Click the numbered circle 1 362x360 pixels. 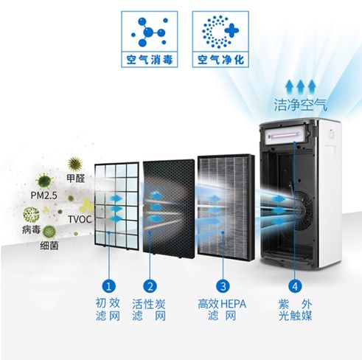[x=109, y=286]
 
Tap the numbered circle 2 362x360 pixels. [x=150, y=286]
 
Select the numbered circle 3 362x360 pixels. [x=223, y=286]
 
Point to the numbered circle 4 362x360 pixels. [x=295, y=286]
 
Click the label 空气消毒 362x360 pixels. [x=150, y=60]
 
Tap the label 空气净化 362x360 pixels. [x=220, y=60]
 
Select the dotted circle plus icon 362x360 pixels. [x=220, y=32]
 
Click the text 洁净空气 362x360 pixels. [x=301, y=105]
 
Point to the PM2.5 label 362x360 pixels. [x=43, y=195]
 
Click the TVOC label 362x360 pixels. [x=80, y=219]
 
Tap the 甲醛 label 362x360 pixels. [x=76, y=179]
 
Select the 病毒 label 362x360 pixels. [x=31, y=229]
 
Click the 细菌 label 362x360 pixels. [x=49, y=246]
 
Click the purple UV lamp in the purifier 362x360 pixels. [x=285, y=136]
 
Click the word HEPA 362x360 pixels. [x=233, y=304]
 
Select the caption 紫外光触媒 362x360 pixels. [x=295, y=310]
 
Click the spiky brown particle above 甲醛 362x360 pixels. [x=75, y=164]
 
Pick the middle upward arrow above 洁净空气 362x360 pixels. [x=300, y=86]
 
